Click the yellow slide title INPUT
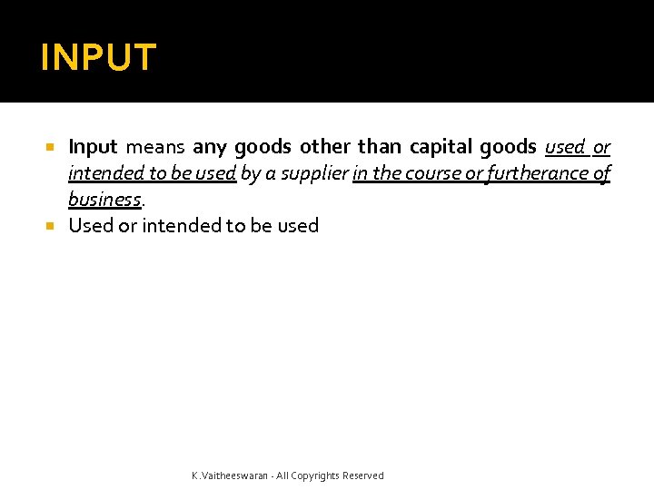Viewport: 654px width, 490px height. pyautogui.click(x=98, y=57)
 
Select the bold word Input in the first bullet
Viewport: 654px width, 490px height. pyautogui.click(x=93, y=146)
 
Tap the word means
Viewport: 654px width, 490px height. pyautogui.click(x=155, y=146)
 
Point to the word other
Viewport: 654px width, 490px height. pyautogui.click(x=324, y=146)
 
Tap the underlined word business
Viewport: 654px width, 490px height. pyautogui.click(x=104, y=199)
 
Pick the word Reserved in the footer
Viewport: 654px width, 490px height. pyautogui.click(x=362, y=475)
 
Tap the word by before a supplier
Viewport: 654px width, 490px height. pyautogui.click(x=250, y=172)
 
